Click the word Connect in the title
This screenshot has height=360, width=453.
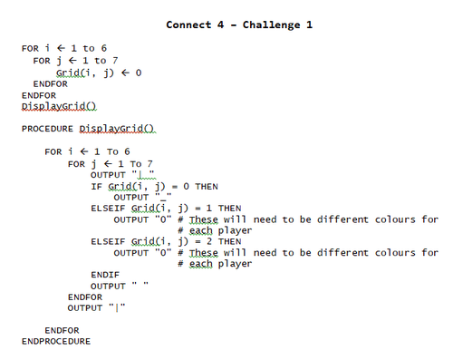[188, 24]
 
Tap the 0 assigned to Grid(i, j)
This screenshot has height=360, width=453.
[139, 73]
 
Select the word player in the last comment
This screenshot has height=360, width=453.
[233, 264]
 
